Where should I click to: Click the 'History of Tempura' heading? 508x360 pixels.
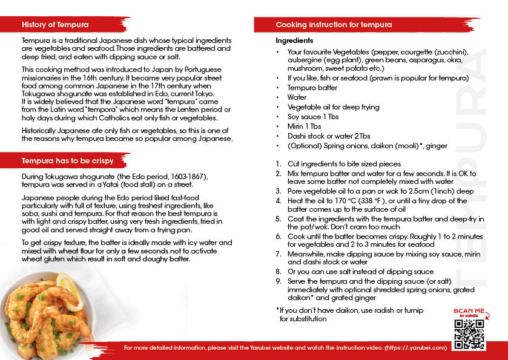pos(55,25)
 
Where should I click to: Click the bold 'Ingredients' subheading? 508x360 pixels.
pos(294,41)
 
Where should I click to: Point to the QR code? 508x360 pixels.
pos(469,334)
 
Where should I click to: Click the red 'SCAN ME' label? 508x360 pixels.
pos(469,310)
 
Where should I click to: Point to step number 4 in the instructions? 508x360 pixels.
pos(279,200)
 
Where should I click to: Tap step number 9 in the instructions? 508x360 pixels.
pos(279,281)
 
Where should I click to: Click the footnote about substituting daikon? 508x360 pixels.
pos(349,314)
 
